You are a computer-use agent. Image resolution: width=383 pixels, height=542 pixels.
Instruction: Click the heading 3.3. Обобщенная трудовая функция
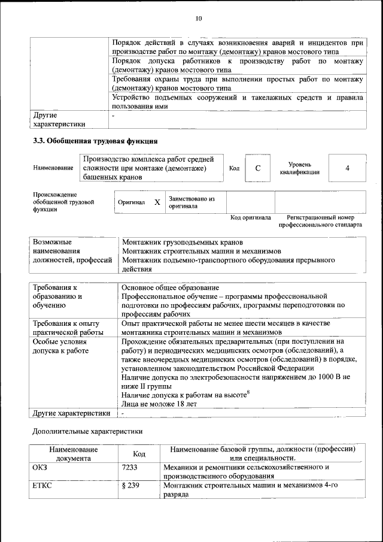point(95,141)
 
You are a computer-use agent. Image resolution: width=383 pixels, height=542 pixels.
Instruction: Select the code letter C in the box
point(258,168)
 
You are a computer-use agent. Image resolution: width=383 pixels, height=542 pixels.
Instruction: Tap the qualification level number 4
point(347,168)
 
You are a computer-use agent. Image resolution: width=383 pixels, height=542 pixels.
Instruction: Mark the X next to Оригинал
point(157,202)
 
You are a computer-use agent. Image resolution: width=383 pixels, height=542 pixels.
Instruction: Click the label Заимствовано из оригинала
point(191,202)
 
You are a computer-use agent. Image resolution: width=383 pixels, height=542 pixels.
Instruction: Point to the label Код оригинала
point(251,217)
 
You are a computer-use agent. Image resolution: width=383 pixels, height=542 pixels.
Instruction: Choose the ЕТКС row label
point(42,485)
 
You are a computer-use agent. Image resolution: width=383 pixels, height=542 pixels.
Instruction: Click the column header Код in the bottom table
point(139,454)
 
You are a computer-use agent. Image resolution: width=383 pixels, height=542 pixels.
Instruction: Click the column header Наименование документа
point(74,453)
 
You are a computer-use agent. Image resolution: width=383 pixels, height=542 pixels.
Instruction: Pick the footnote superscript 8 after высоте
point(248,392)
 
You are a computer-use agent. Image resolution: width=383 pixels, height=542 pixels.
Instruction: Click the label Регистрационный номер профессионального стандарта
point(320,222)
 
